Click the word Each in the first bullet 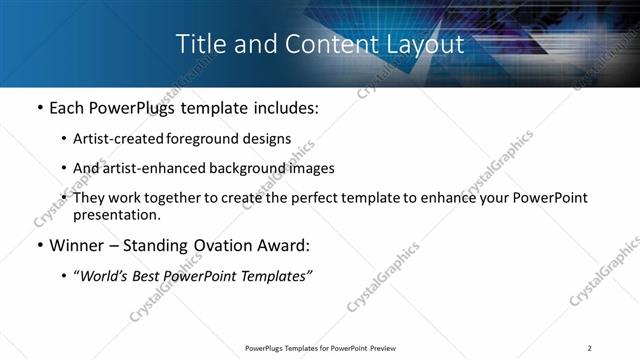point(68,107)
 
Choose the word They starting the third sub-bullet point(91,198)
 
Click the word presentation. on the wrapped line point(116,214)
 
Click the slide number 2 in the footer point(590,348)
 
